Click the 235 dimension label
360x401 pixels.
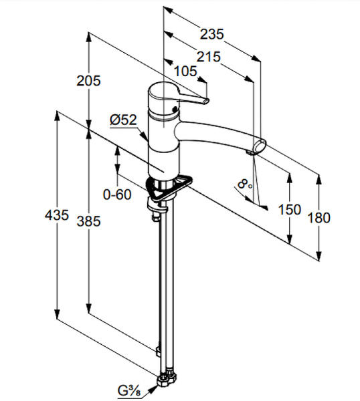point(211,34)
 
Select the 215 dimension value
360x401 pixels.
point(208,57)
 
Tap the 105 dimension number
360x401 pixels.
point(185,71)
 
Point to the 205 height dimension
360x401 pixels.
point(89,81)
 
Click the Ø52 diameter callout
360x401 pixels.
point(123,120)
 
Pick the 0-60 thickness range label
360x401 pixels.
point(117,194)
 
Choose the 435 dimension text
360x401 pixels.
point(57,215)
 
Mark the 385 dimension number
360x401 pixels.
point(89,221)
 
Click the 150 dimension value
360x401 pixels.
point(289,210)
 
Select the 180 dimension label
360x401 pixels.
point(319,218)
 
